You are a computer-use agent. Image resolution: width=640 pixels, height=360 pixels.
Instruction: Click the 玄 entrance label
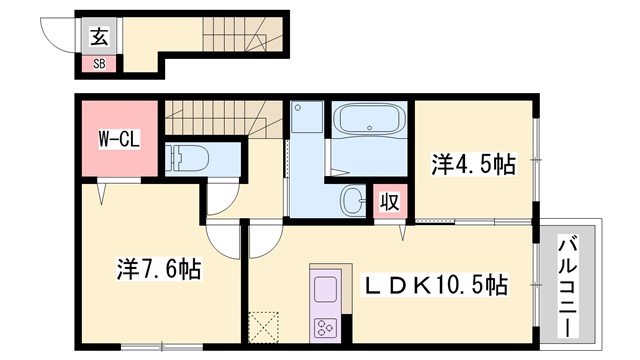coord(99,38)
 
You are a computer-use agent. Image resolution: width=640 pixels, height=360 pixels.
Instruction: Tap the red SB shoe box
coord(99,64)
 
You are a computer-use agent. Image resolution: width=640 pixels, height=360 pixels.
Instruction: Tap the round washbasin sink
coord(352,199)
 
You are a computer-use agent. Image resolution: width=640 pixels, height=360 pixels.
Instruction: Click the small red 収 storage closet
coord(390,201)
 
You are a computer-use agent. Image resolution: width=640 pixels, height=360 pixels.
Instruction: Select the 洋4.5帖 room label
coord(474,163)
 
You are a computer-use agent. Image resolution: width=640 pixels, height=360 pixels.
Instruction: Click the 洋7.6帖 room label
coord(157,269)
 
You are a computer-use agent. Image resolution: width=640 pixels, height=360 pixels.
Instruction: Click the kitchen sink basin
coord(326,291)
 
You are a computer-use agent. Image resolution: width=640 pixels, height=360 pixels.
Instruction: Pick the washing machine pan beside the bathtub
coord(305,120)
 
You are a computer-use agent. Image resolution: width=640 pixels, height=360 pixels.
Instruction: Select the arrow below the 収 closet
coord(403,233)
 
